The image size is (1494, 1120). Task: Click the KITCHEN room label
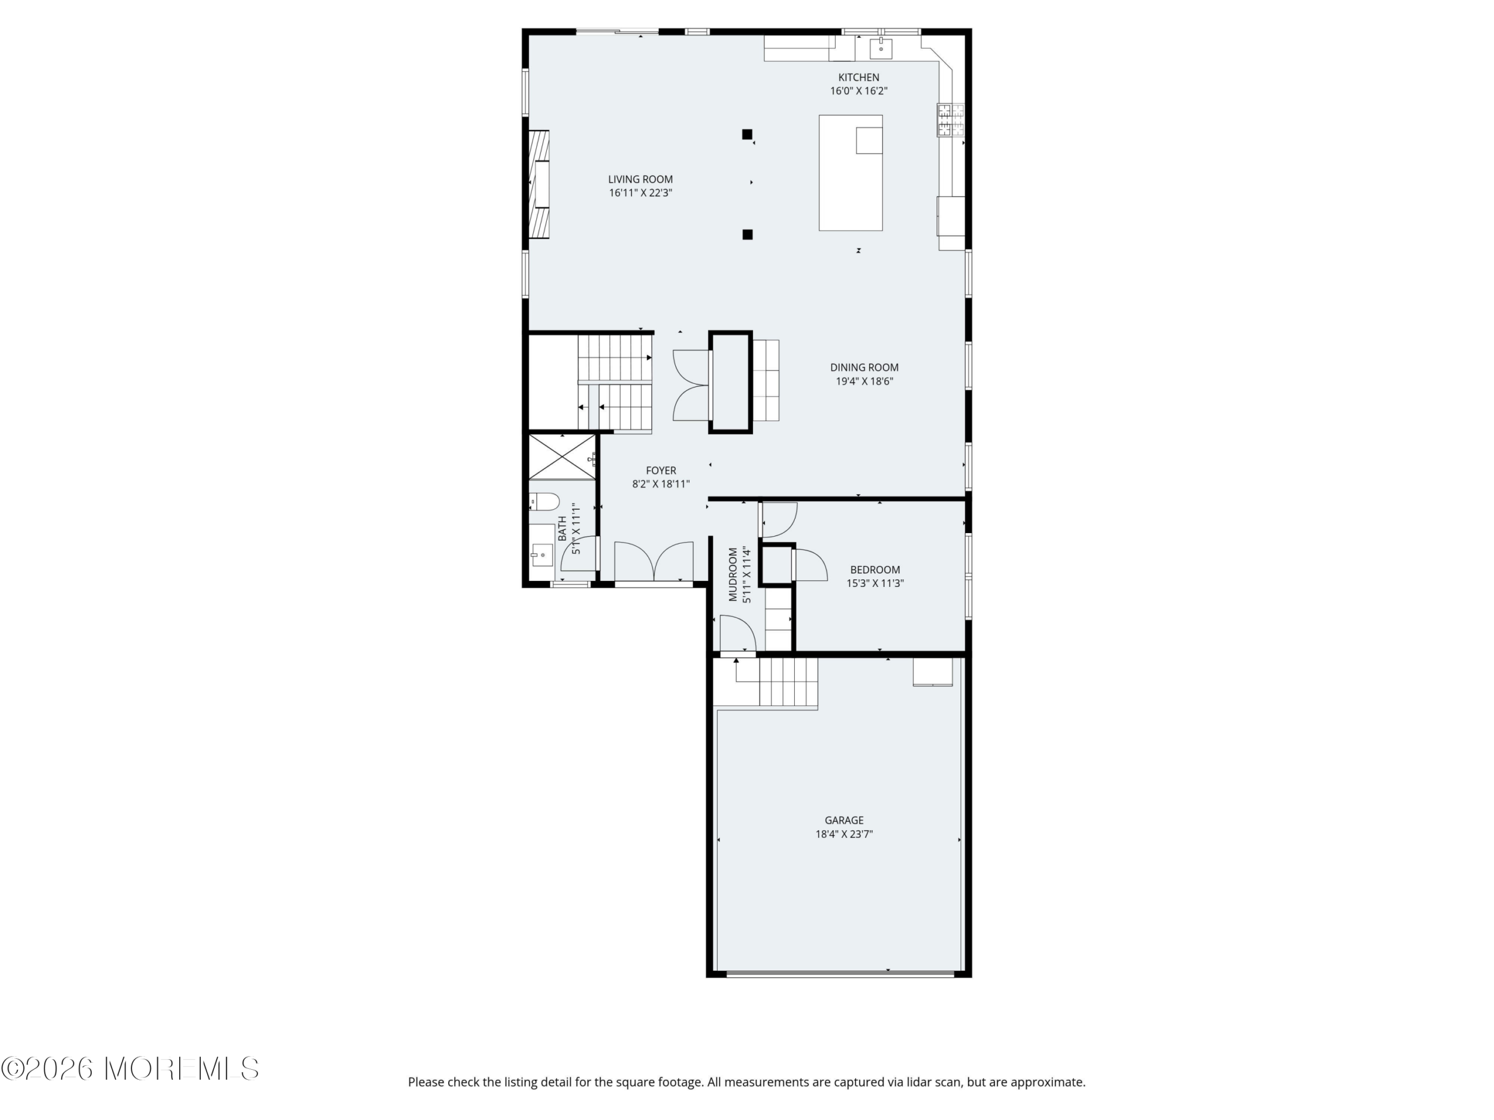click(858, 78)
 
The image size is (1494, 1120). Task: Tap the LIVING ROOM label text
click(640, 180)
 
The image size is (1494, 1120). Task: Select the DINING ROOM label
click(864, 368)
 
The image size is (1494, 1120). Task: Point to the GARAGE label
click(843, 821)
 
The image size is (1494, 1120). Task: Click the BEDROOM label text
click(875, 570)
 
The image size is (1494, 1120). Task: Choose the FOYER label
click(661, 471)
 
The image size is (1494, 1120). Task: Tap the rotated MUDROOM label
click(733, 575)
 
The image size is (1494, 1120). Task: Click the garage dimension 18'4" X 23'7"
click(843, 834)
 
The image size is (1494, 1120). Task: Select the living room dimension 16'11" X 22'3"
click(640, 193)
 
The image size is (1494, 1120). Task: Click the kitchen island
click(850, 173)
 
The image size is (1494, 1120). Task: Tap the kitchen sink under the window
click(881, 48)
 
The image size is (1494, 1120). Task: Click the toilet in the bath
click(544, 502)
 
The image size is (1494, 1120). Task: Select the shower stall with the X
click(562, 457)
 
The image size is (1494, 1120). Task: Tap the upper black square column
click(747, 134)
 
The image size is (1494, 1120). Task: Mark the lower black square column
click(748, 235)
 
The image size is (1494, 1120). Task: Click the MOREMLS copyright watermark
click(130, 1069)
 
